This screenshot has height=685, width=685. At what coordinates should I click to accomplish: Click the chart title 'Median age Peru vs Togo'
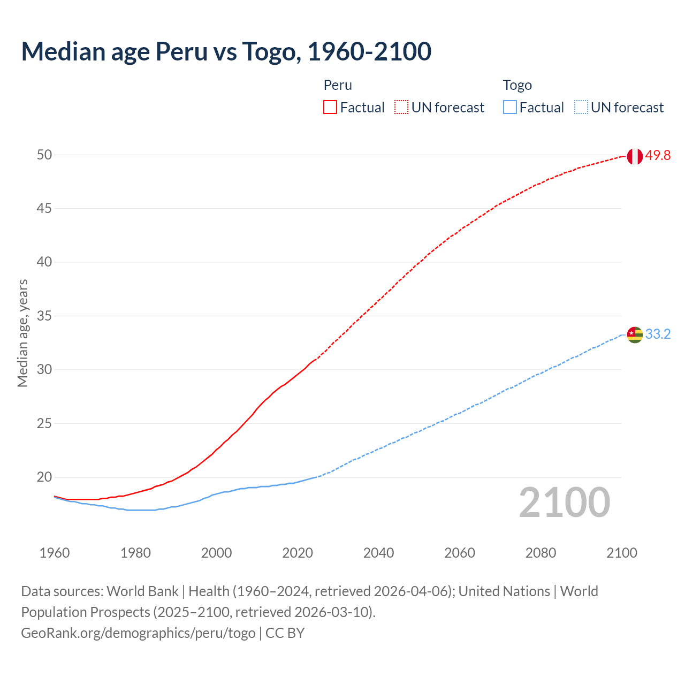[226, 51]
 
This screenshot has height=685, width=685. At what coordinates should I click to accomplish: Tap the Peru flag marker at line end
[635, 156]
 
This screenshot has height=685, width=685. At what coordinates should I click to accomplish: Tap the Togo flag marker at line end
[635, 334]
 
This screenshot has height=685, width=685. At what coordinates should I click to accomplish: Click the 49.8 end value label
[658, 156]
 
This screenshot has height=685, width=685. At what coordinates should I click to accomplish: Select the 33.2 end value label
[658, 334]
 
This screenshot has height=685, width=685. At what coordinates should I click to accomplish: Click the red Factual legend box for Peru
[330, 108]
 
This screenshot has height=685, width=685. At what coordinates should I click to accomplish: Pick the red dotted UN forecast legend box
[401, 108]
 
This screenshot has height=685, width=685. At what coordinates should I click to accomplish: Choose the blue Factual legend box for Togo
[510, 108]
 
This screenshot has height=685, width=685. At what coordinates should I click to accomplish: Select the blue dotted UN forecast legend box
[581, 108]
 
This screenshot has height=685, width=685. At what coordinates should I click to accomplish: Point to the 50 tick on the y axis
[44, 155]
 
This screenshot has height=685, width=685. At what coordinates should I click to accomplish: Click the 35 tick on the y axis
[44, 316]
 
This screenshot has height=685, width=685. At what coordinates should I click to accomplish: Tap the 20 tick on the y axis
[44, 477]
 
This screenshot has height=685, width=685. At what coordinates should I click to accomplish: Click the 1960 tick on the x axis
[55, 553]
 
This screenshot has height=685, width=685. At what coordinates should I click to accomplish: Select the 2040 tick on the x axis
[378, 553]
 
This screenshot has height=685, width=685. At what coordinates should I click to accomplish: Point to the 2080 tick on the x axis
[541, 553]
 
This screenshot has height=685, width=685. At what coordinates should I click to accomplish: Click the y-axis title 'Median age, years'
[22, 333]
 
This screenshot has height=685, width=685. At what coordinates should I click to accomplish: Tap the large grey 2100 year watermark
[564, 503]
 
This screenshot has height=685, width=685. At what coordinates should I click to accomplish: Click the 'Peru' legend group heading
[338, 85]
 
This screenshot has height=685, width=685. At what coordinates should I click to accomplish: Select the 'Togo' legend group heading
[517, 85]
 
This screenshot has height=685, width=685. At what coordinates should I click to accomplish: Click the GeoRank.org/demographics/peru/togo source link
[138, 633]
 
